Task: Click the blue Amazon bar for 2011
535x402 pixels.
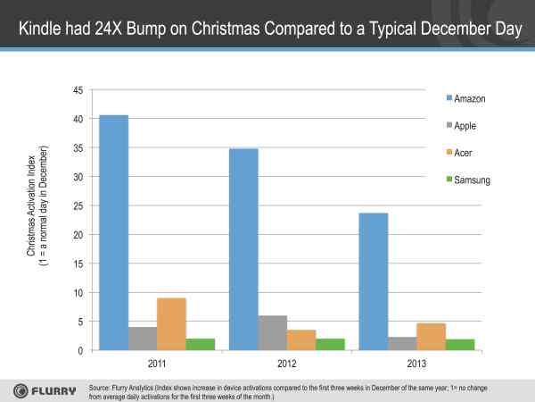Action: tap(113, 232)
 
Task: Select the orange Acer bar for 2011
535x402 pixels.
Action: tap(172, 324)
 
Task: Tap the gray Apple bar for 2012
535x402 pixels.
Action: tap(273, 333)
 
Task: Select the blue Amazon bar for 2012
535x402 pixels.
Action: tap(243, 249)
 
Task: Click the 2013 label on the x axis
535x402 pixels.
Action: tap(417, 364)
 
